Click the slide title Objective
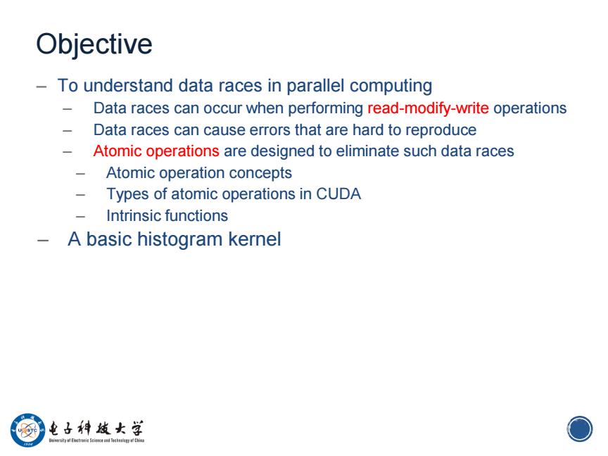pyautogui.click(x=94, y=45)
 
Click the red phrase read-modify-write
pyautogui.click(x=428, y=108)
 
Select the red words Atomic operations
pyautogui.click(x=156, y=151)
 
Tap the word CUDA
pyautogui.click(x=338, y=194)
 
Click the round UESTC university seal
pyautogui.click(x=27, y=430)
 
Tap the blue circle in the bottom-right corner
pyautogui.click(x=580, y=429)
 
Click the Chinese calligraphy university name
pyautogui.click(x=96, y=428)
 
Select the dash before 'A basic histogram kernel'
pyautogui.click(x=43, y=241)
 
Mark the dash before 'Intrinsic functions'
pyautogui.click(x=81, y=216)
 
